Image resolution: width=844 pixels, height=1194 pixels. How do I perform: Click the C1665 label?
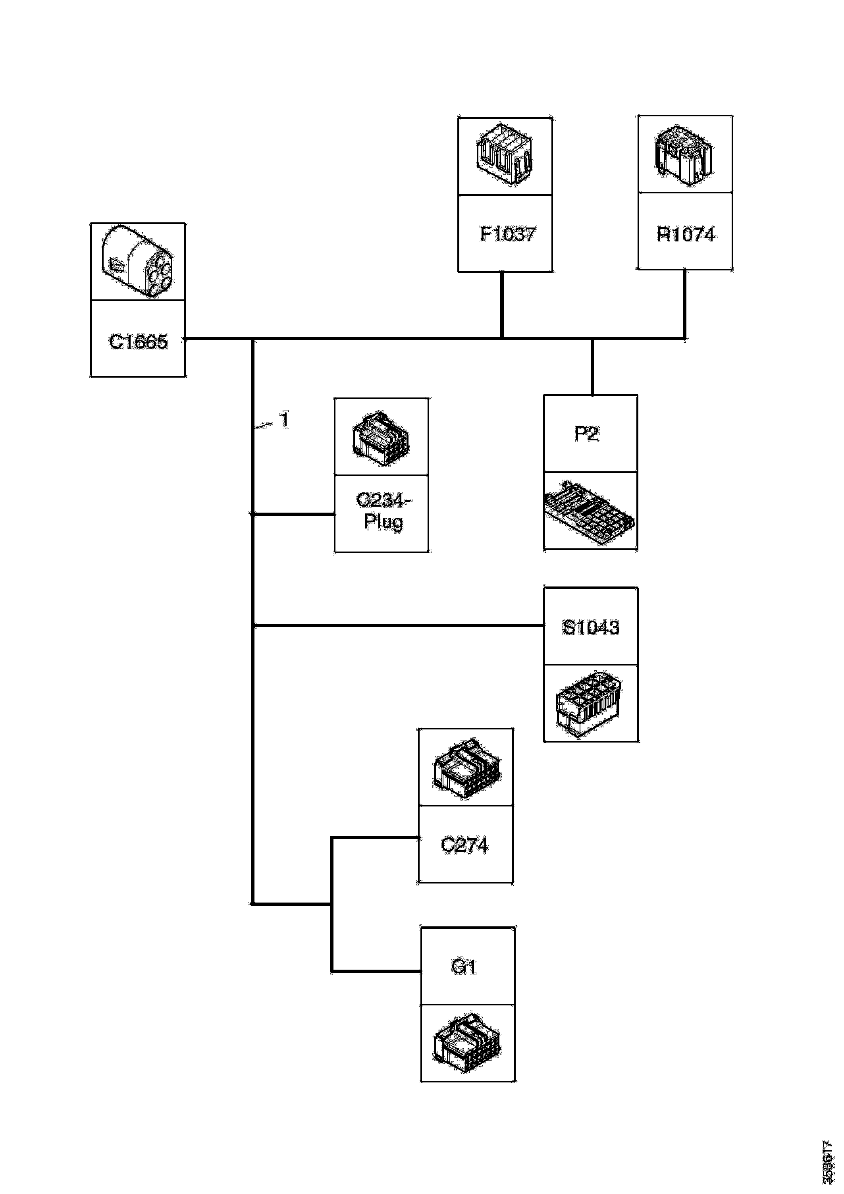(138, 341)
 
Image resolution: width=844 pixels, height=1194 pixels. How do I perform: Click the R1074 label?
(685, 235)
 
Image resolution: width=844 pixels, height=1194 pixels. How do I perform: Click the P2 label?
(587, 433)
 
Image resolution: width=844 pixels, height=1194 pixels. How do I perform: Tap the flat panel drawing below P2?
(589, 512)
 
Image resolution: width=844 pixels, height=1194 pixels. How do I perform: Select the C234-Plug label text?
(383, 511)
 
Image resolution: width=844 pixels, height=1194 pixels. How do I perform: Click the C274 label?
(464, 845)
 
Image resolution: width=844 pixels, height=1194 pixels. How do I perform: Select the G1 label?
(463, 967)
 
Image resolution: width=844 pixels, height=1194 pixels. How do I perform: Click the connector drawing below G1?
(467, 1044)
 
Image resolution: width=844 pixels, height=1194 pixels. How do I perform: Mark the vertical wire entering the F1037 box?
(502, 305)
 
